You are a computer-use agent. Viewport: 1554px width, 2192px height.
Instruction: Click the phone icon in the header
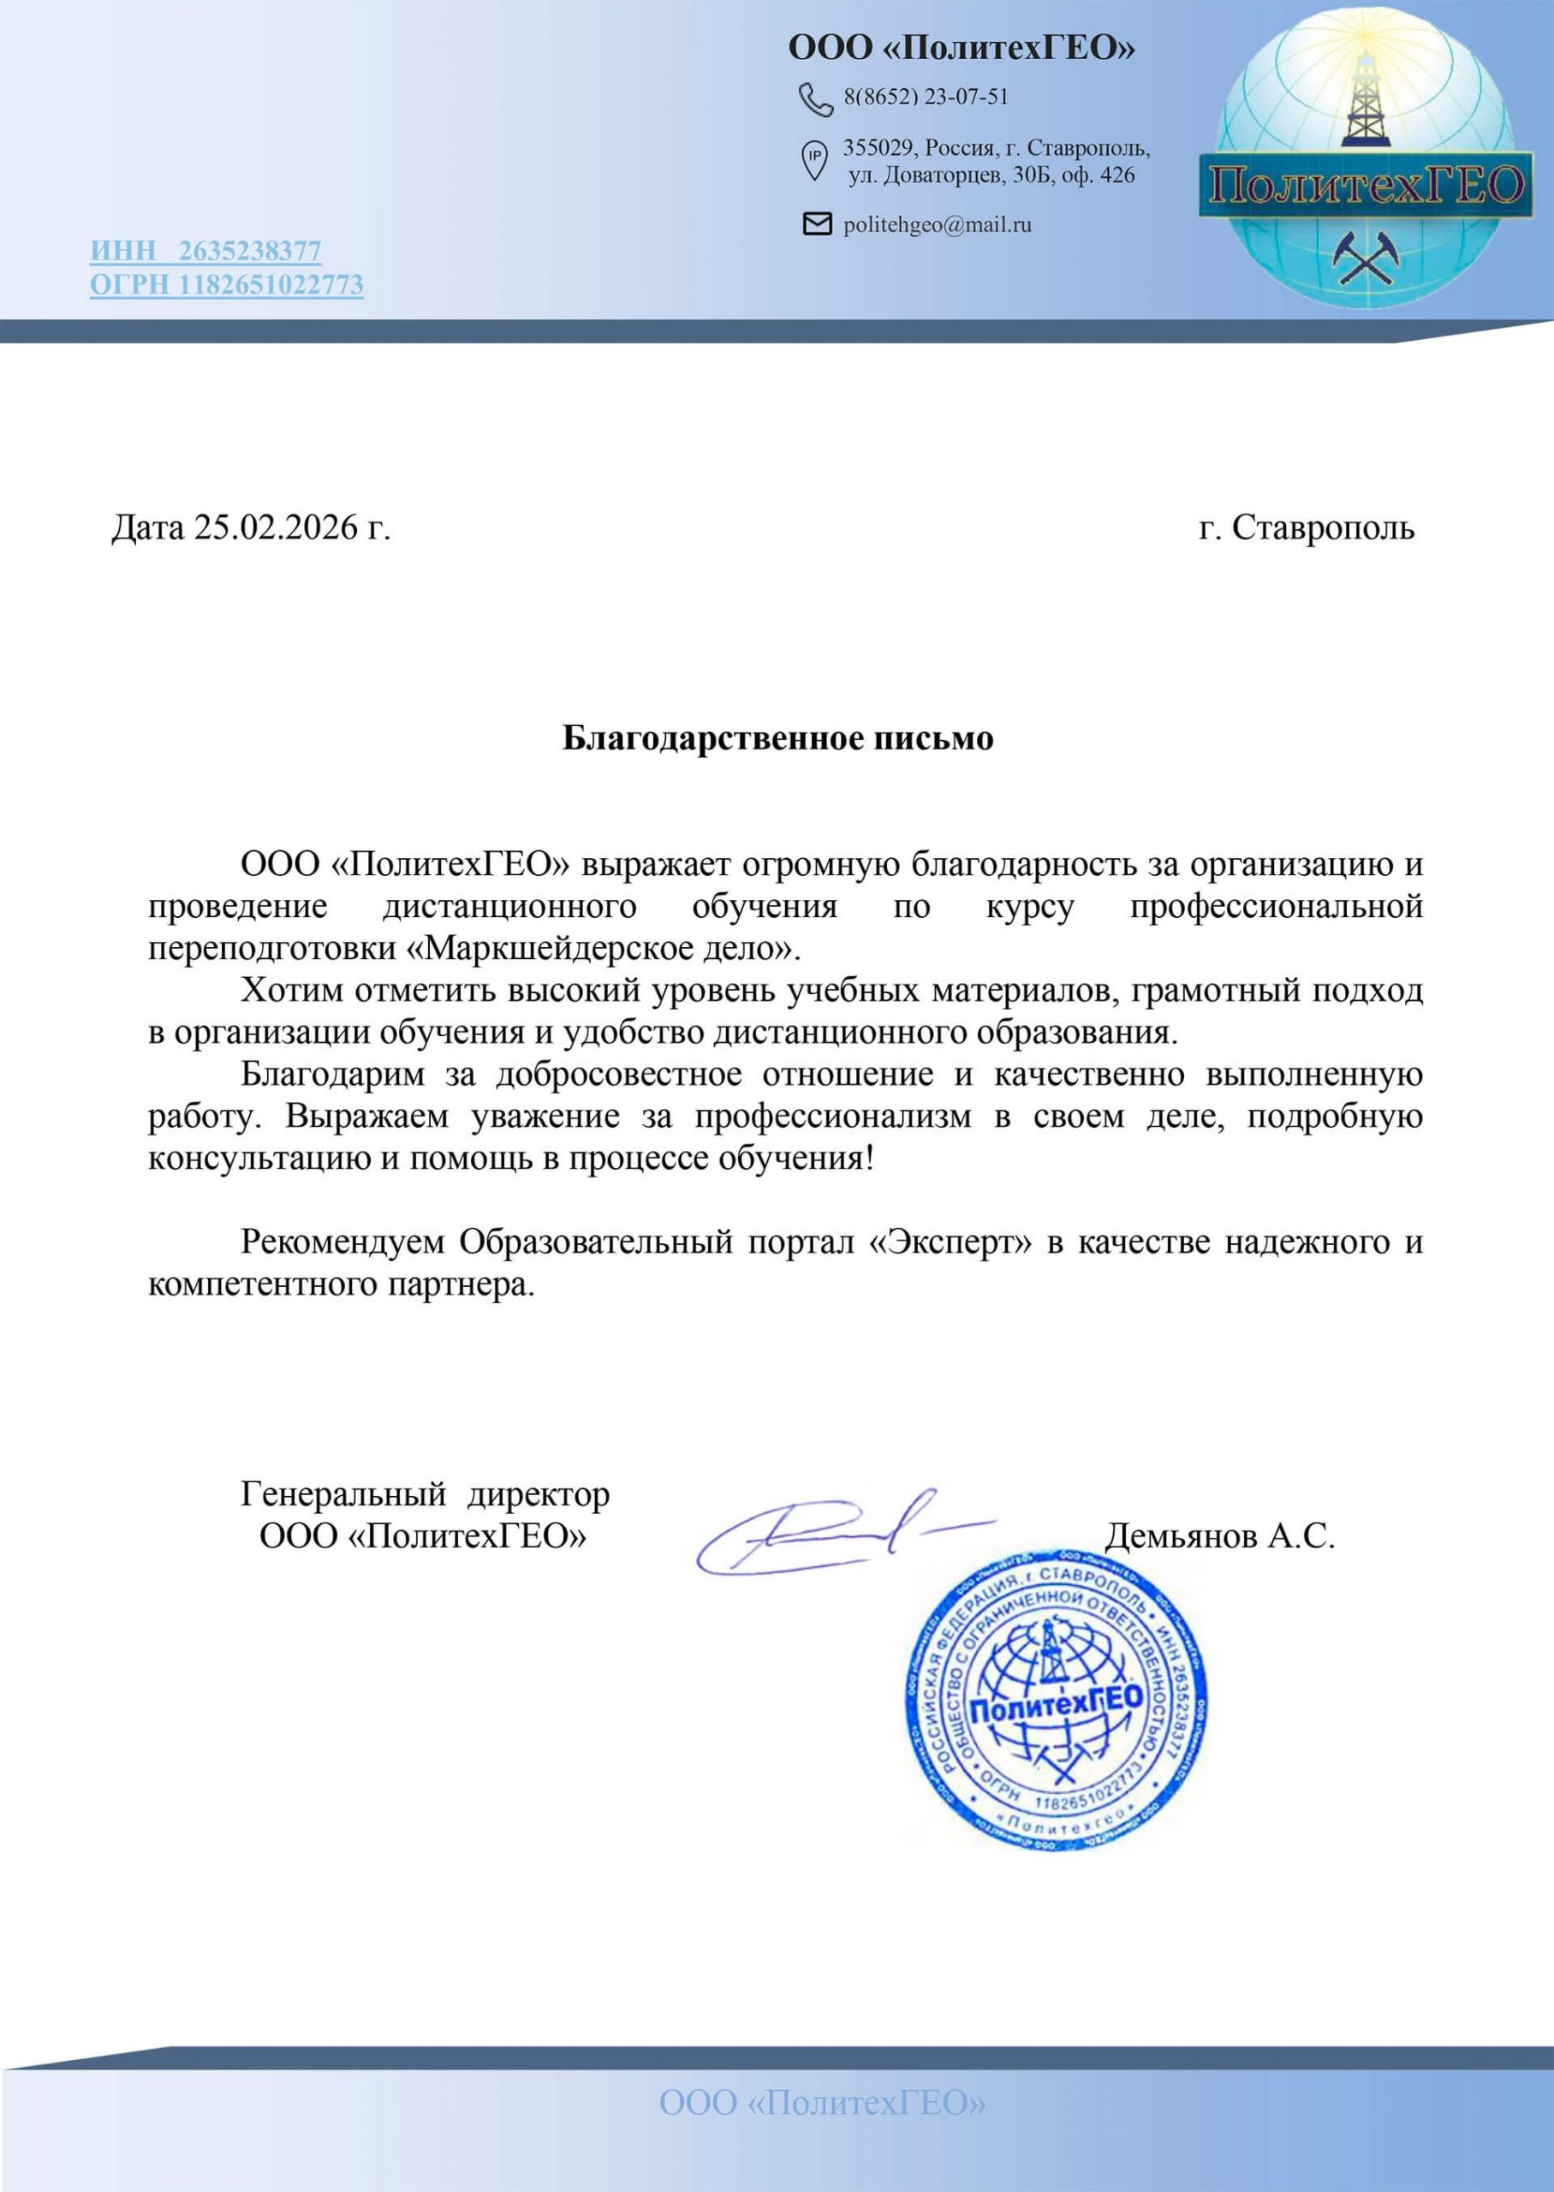(x=815, y=98)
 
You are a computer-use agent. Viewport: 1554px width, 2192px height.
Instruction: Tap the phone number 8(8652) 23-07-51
(x=926, y=97)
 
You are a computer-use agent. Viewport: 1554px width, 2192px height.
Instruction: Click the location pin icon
(x=813, y=160)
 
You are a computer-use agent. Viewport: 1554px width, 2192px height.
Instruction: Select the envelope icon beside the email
(x=816, y=223)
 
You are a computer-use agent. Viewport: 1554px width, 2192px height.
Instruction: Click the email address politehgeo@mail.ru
(x=937, y=225)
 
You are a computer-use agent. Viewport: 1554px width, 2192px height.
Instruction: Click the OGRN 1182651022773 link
(x=227, y=284)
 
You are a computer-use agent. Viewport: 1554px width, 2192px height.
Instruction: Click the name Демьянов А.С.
(x=1219, y=1535)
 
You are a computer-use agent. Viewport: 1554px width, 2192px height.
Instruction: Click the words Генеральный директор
(x=425, y=1493)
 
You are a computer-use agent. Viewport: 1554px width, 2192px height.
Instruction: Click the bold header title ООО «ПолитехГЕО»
(x=961, y=47)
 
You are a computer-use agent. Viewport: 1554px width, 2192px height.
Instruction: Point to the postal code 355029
(x=880, y=148)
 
